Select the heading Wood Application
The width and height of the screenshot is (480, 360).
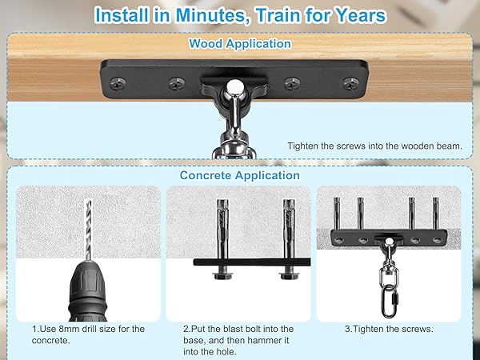240,44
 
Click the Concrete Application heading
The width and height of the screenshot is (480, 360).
240,175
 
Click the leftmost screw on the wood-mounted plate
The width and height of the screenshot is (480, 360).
118,83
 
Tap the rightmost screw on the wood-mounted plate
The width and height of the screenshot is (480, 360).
351,83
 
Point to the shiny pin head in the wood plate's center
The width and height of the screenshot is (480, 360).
234,86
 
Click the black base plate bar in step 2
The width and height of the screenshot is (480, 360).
252,262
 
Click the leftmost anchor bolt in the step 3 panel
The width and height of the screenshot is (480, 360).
337,214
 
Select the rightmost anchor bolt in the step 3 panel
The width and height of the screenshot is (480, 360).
436,214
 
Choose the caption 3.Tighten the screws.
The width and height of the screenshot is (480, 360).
389,329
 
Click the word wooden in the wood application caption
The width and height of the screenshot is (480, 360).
418,146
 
